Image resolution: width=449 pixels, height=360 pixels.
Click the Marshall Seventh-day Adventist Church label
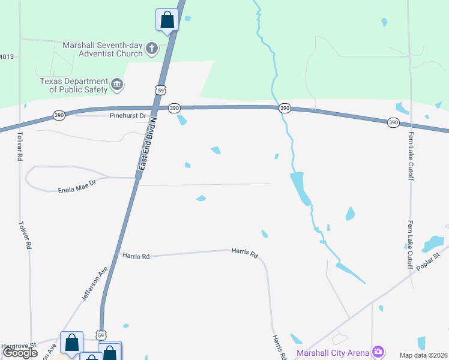103,49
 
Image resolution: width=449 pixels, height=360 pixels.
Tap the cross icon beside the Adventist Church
152,48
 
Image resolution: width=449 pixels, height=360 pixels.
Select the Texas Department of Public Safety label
74,85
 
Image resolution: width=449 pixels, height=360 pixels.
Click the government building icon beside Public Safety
117,85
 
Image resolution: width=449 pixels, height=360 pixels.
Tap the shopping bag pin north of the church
167,20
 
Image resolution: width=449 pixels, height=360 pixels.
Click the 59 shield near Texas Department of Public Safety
160,89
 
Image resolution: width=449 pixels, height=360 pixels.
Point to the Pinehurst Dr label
128,115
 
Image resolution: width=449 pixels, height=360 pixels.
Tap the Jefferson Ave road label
95,283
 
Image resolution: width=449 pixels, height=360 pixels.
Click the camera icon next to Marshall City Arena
378,351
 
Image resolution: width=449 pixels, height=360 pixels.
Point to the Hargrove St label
18,346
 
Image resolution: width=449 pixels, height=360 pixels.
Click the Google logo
20,353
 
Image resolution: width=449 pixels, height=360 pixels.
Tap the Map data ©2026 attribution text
424,355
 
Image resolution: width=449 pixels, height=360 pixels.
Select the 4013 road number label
7,57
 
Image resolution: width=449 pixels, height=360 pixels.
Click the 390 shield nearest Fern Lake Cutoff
393,122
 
